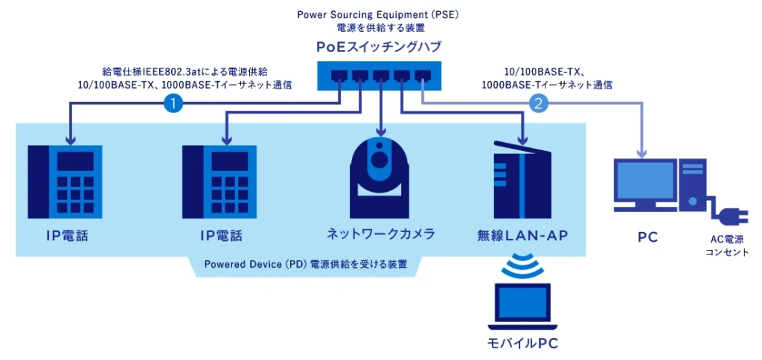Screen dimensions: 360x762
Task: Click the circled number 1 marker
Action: click(173, 104)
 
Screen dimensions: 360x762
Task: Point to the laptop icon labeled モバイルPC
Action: click(522, 307)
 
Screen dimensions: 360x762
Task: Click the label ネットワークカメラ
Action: click(381, 234)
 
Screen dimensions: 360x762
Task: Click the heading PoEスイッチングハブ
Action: click(380, 47)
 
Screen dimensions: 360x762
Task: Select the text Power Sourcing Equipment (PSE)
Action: click(380, 14)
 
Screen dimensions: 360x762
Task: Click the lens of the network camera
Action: click(380, 159)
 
